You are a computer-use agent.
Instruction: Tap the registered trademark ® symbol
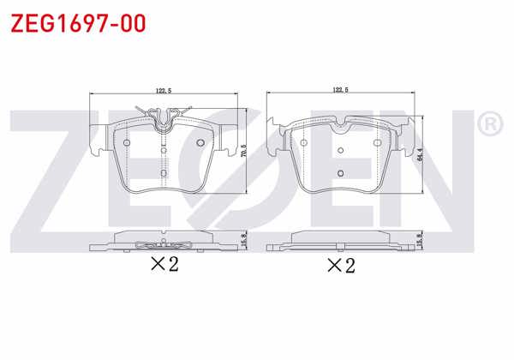point(488,125)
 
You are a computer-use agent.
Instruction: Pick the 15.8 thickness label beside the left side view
point(244,241)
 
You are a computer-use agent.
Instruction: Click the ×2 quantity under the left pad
point(164,264)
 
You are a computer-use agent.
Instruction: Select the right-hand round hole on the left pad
point(200,142)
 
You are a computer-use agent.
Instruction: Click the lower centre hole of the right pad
point(341,173)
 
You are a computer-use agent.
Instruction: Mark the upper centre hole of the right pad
point(341,151)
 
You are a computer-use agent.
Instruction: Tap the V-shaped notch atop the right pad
point(341,129)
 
